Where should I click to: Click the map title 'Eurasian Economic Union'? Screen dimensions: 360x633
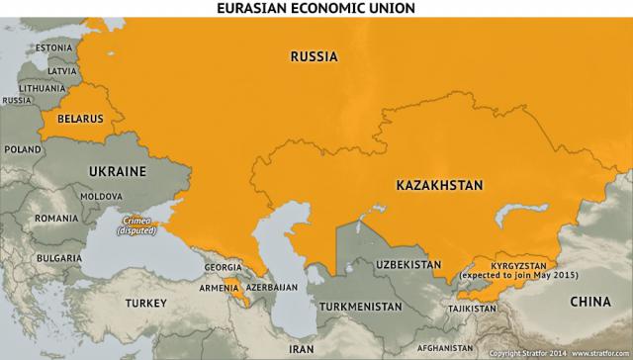pos(316,8)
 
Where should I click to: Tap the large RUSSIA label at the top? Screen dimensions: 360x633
pos(315,57)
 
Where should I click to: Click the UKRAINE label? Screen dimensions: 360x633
pos(118,171)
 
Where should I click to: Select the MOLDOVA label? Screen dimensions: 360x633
pos(101,197)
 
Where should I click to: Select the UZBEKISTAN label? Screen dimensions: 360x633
pos(407,265)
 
